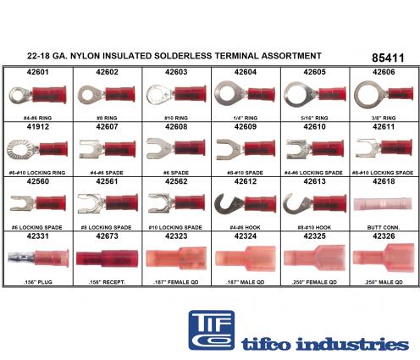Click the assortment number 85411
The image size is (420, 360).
click(388, 58)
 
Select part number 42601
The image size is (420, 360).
click(38, 72)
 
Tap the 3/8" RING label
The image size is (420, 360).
click(384, 118)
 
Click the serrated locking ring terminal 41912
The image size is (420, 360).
click(37, 149)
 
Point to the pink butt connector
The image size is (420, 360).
click(383, 204)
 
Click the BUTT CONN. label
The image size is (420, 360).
click(384, 227)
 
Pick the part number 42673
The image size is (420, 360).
click(107, 236)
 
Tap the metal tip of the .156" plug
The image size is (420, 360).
click(21, 258)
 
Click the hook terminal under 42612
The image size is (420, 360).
click(245, 204)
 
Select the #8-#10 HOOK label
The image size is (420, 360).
click(314, 227)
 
